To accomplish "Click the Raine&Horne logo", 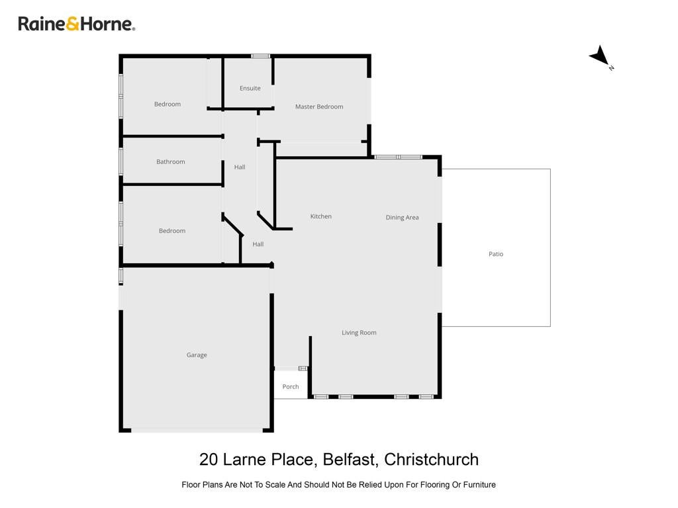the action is click(x=77, y=24).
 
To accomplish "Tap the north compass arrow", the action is click(x=600, y=56).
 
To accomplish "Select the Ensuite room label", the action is click(x=250, y=88).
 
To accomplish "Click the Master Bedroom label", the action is click(x=319, y=106).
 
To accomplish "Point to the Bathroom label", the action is click(x=170, y=161).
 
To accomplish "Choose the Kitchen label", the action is click(x=321, y=216).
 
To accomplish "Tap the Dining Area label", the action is click(x=402, y=218).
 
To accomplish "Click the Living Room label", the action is click(x=359, y=333).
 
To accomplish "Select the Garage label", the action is click(x=197, y=355).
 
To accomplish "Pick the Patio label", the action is click(x=496, y=254).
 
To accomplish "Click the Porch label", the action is click(x=291, y=386).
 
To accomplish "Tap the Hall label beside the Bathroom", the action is click(x=240, y=167).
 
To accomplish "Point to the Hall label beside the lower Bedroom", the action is click(x=258, y=244).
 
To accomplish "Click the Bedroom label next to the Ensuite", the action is click(x=168, y=104).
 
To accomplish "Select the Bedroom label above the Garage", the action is click(x=172, y=231).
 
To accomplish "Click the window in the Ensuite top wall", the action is click(x=261, y=56).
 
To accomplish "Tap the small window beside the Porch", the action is click(x=303, y=368).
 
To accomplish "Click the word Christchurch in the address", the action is click(x=431, y=460).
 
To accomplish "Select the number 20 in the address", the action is click(x=209, y=460).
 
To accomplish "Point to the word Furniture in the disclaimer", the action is click(x=479, y=485).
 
